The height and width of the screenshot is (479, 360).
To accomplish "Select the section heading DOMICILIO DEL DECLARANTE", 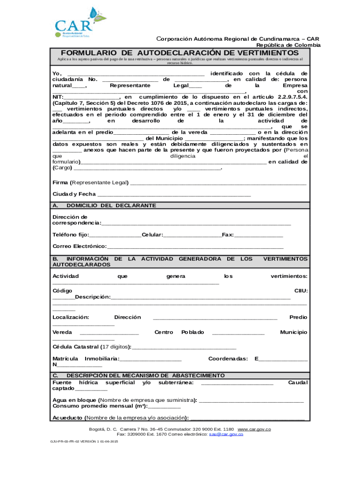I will (x=111, y=205).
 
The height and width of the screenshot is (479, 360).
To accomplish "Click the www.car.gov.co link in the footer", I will (x=254, y=429).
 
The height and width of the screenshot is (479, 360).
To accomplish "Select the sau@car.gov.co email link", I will (x=226, y=434).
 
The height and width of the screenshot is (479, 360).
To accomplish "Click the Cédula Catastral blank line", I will (x=184, y=348).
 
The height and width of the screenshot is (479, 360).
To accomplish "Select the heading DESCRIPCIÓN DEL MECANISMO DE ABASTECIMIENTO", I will (x=145, y=376).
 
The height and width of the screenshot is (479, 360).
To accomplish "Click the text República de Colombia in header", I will (x=288, y=45).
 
